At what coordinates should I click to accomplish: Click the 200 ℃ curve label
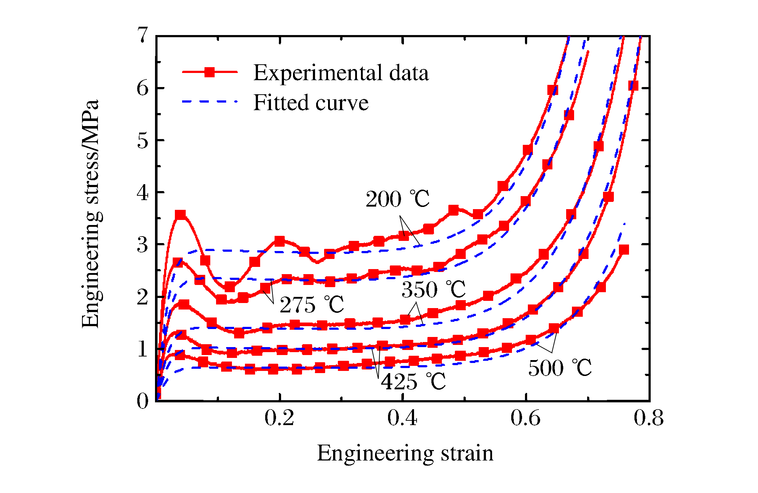[397, 199]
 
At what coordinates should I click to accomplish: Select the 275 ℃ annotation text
[311, 304]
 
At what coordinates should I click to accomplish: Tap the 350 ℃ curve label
[433, 289]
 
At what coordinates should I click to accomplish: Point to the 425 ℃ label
[413, 382]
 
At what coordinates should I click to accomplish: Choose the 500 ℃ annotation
[560, 368]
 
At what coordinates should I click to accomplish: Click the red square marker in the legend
[210, 72]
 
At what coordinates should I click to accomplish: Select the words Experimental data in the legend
[341, 73]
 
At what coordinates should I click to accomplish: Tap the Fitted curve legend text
[311, 103]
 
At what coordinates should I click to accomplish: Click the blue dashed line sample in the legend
[210, 102]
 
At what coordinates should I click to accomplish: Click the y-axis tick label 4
[143, 193]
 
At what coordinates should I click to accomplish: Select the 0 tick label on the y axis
[143, 401]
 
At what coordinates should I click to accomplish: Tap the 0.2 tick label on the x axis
[279, 418]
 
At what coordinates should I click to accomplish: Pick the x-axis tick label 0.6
[525, 418]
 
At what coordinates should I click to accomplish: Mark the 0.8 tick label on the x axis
[649, 418]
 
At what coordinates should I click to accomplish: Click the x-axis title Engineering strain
[405, 454]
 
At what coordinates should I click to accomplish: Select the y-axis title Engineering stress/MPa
[90, 214]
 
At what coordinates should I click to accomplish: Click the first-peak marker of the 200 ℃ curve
[180, 215]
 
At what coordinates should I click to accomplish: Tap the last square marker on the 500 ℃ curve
[624, 250]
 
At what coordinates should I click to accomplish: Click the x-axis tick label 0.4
[402, 418]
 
